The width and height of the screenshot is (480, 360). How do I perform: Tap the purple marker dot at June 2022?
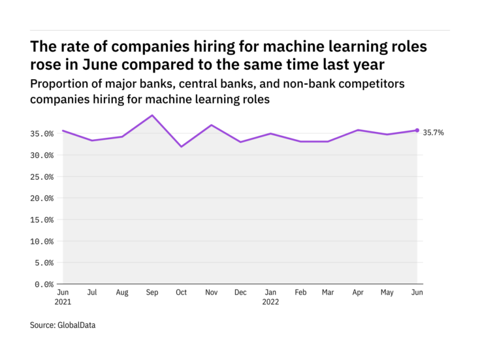coord(417,130)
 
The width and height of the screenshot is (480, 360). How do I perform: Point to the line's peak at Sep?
coord(152,115)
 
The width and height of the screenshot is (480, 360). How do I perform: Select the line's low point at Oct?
coord(181,146)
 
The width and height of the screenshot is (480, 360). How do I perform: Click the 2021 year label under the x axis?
coord(63,303)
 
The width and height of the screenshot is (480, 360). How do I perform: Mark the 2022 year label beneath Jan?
coord(270,303)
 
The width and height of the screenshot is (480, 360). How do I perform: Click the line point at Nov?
coord(210,125)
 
